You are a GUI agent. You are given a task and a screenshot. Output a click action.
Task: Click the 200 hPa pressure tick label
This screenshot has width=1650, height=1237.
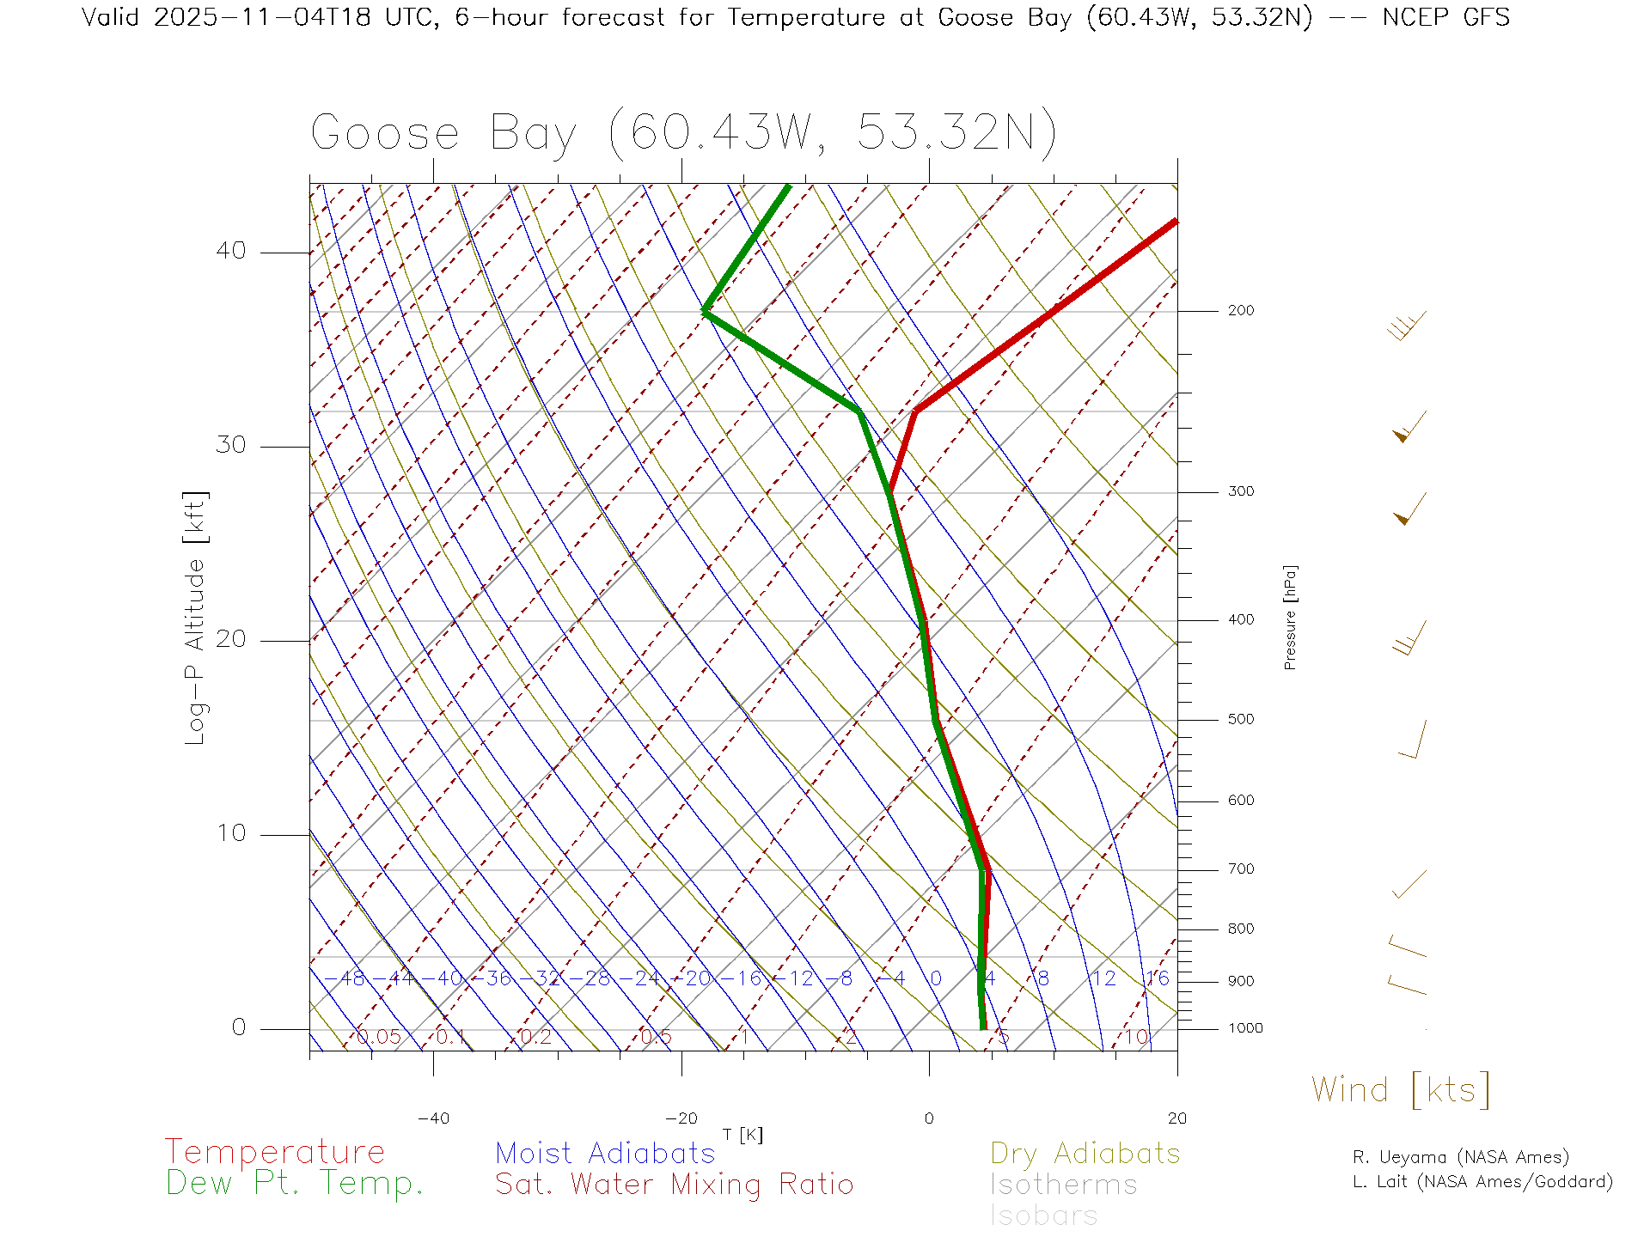tap(1240, 310)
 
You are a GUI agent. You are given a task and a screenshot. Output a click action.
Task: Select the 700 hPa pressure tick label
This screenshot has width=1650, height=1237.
tap(1240, 869)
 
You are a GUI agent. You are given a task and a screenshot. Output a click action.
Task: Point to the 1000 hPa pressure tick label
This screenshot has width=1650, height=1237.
tap(1244, 1028)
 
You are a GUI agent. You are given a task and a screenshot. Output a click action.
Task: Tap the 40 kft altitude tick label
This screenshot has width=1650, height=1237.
tap(230, 251)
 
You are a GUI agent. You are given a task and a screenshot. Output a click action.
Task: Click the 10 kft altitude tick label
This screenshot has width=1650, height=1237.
tap(230, 833)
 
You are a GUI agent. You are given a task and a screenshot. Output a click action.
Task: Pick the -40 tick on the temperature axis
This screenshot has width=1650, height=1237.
tap(433, 1118)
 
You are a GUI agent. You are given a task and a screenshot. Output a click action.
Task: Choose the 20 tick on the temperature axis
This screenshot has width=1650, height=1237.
tap(1176, 1118)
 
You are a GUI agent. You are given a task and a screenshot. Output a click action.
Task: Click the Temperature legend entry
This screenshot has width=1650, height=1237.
tap(274, 1152)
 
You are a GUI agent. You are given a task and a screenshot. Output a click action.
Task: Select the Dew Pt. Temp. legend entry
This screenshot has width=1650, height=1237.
tap(295, 1184)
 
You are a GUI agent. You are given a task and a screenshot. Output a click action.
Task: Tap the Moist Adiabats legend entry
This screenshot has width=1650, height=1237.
tap(605, 1153)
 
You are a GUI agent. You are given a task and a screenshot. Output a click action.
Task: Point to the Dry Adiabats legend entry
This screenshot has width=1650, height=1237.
tap(1085, 1153)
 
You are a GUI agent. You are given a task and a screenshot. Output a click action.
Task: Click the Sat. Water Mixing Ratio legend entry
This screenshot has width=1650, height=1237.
tap(674, 1184)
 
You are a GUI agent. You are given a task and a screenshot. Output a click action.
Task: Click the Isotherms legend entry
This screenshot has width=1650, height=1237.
tap(1063, 1185)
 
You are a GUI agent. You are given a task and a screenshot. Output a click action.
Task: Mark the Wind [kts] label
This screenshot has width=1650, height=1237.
tap(1400, 1090)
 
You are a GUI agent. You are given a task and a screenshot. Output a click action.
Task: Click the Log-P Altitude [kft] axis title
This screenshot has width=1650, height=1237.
tap(196, 618)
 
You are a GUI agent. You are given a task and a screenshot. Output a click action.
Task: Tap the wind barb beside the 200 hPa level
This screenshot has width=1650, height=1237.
tap(1407, 326)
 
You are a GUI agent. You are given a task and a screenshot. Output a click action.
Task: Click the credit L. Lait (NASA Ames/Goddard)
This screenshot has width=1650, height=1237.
tap(1482, 1182)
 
